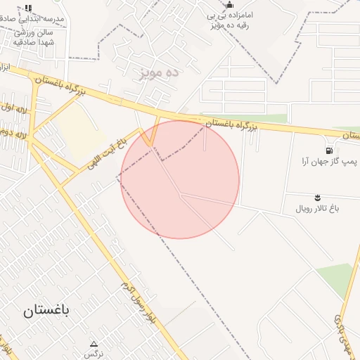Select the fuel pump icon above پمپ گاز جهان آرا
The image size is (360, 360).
[x=329, y=150]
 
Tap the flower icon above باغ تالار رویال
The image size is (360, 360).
[x=318, y=197]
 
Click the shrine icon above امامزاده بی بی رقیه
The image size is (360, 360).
[x=230, y=5]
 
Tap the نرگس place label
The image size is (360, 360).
[x=93, y=354]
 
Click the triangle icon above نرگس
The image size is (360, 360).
[x=94, y=343]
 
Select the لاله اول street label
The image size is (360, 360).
[x=15, y=110]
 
